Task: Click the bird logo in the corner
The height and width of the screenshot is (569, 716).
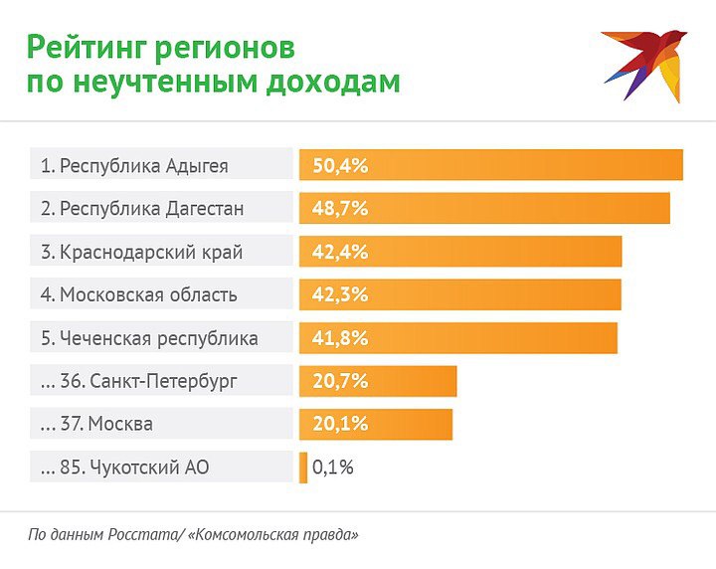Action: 643,64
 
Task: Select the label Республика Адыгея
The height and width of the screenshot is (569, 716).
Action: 143,166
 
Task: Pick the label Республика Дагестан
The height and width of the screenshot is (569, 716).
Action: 151,209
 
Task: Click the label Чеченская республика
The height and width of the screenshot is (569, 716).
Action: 158,338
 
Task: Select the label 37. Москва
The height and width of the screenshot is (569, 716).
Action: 119,424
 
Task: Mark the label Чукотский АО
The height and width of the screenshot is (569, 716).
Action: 148,467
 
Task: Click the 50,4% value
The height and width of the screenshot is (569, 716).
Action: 340,166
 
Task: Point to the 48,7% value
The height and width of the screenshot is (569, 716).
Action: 340,209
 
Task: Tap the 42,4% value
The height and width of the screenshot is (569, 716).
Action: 340,252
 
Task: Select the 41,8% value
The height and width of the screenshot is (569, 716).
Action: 340,338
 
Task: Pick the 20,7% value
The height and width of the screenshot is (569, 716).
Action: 340,381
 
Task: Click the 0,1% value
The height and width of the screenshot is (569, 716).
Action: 333,467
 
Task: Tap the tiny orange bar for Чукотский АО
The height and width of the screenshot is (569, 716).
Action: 303,467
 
